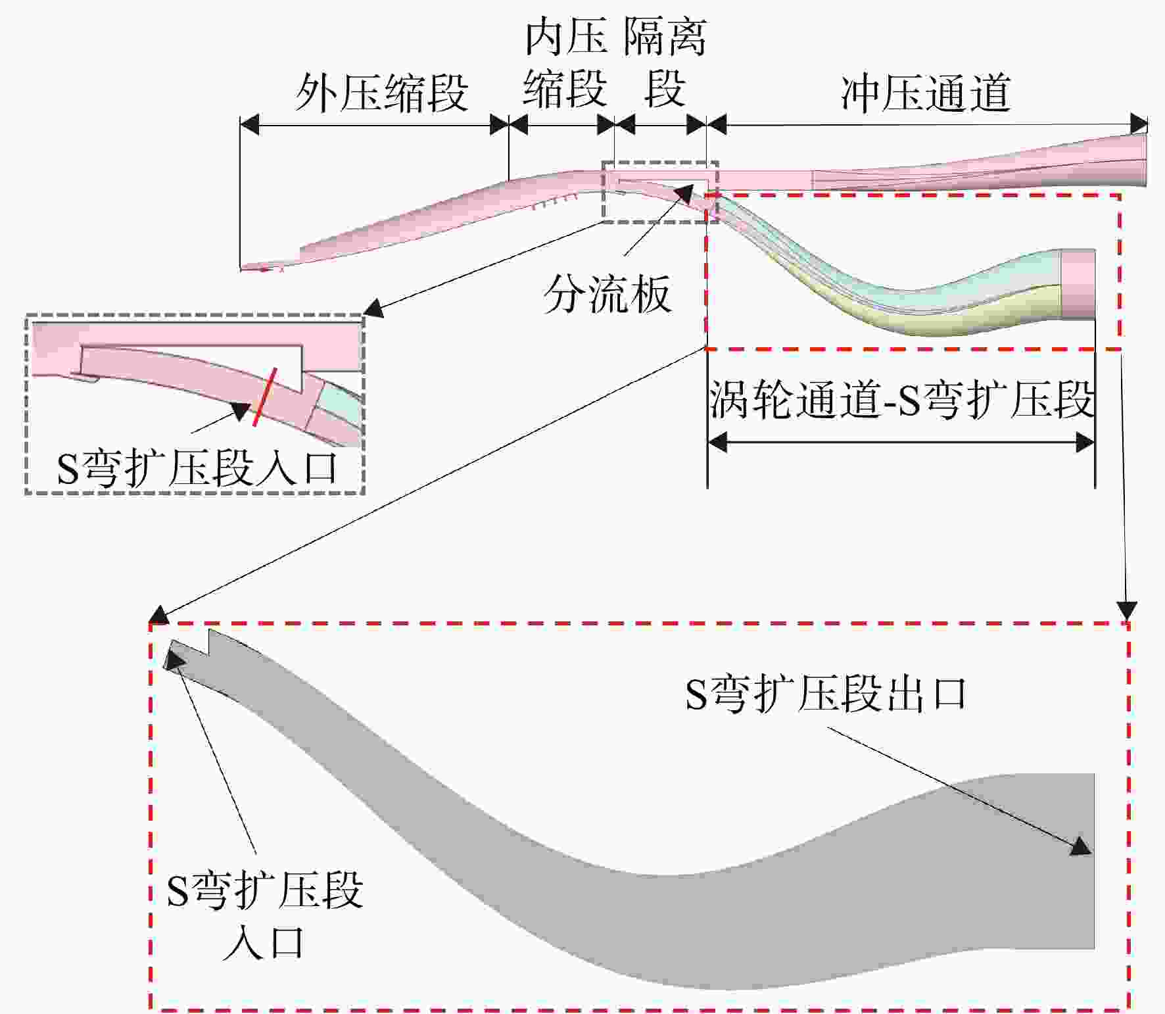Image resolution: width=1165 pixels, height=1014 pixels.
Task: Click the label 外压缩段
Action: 381,93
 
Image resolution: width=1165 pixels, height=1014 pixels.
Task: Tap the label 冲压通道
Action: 926,93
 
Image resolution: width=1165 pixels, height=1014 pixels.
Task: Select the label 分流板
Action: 607,293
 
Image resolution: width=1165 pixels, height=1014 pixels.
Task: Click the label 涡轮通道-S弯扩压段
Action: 901,398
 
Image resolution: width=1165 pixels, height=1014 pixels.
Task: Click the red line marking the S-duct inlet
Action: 264,397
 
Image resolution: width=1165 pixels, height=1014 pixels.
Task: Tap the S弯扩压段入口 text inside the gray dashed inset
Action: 197,469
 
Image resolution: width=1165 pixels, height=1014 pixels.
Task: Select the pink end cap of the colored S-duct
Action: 1078,284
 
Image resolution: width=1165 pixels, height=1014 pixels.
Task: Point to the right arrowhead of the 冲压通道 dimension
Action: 1139,124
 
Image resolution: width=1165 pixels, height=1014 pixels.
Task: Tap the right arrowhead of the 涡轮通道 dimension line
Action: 1085,442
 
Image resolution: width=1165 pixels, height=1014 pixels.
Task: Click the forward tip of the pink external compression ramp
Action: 241,267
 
